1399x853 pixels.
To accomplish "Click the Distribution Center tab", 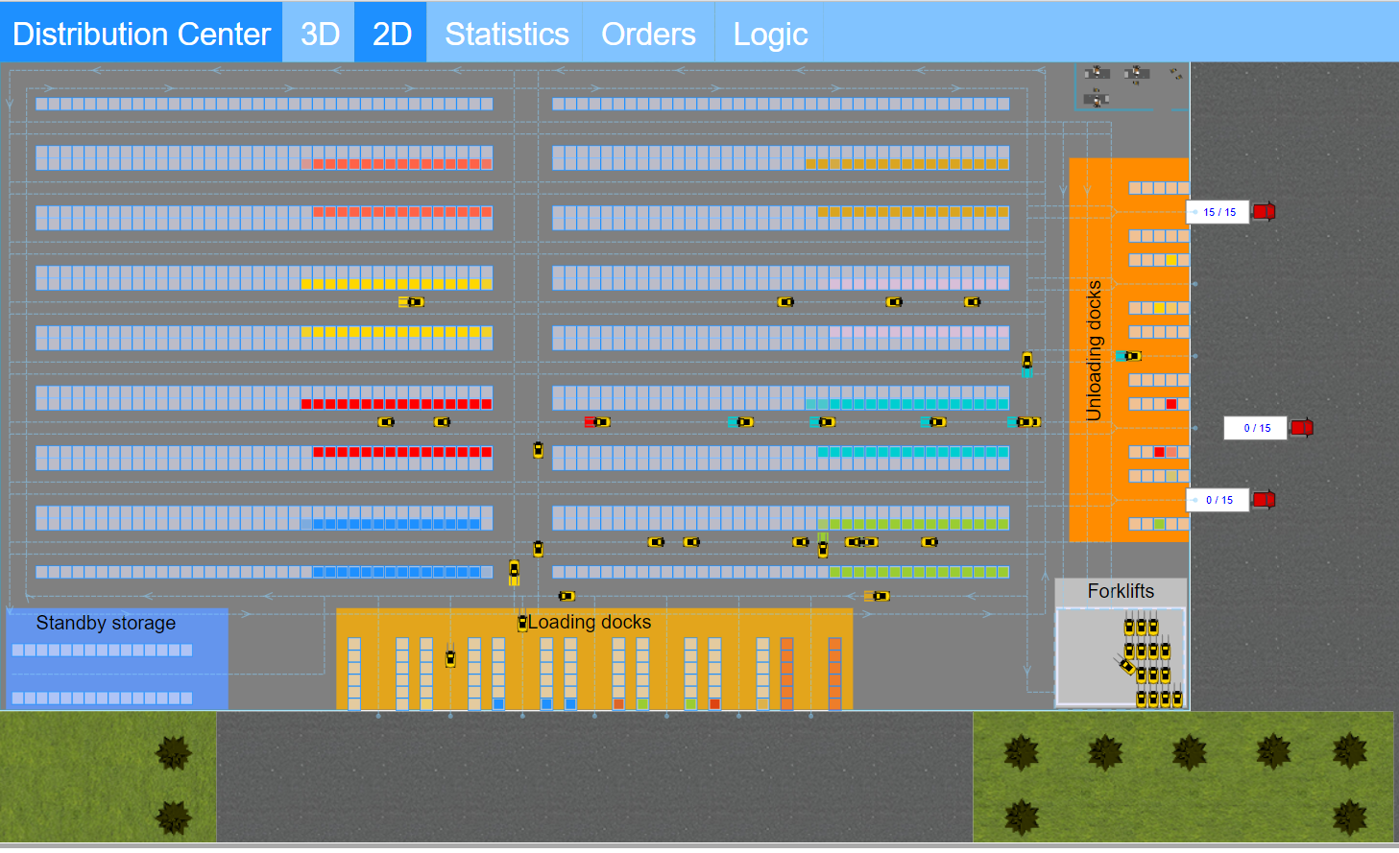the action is click(x=141, y=34).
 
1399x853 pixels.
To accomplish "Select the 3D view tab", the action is click(x=320, y=34).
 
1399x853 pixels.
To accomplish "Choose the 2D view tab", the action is click(x=392, y=34).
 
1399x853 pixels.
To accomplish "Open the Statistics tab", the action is click(x=506, y=34).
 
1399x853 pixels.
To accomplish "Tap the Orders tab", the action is click(x=648, y=34).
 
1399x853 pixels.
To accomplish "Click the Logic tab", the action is click(x=770, y=34).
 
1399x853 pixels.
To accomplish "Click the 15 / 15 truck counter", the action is click(x=1218, y=212).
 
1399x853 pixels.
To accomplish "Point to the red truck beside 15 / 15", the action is click(x=1265, y=211).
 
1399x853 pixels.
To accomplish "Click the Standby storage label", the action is click(x=106, y=623).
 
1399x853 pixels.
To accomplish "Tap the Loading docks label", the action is click(x=590, y=622).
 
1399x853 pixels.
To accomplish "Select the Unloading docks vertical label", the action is click(x=1094, y=350).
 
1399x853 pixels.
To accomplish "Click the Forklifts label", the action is click(x=1121, y=591).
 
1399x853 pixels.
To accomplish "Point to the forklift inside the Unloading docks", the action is click(x=1130, y=356).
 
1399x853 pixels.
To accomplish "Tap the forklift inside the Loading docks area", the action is click(x=450, y=658).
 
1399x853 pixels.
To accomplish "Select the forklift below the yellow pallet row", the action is click(x=411, y=302).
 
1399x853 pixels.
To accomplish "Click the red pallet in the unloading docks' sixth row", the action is click(x=1171, y=404).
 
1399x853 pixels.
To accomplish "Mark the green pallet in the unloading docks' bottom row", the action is click(x=1159, y=524).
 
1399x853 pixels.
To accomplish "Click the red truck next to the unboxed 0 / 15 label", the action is click(x=1302, y=427).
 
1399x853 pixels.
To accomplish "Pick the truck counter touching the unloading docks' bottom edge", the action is click(x=1218, y=500).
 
